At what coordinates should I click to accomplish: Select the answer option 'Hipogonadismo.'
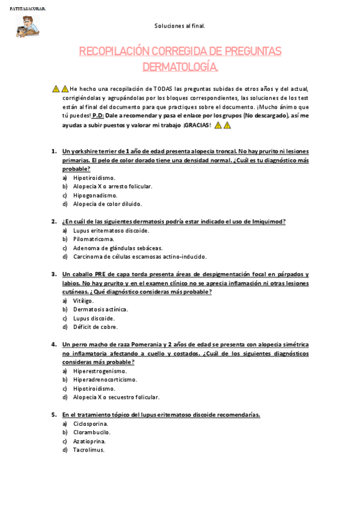[96, 195]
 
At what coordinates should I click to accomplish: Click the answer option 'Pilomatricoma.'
[94, 239]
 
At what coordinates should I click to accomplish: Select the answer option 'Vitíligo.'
[84, 301]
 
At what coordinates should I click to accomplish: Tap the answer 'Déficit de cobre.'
[96, 327]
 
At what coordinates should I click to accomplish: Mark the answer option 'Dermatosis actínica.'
[100, 309]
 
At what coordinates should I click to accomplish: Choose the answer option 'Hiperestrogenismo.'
[100, 371]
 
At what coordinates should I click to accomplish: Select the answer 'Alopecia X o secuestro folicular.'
[117, 398]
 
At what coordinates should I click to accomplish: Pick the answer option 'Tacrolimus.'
[89, 450]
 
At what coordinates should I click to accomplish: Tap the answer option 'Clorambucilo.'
[92, 432]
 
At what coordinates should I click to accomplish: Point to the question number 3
[53, 274]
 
